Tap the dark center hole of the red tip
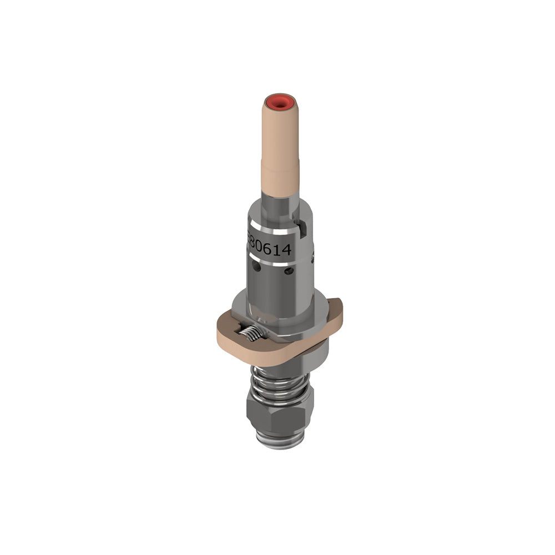point(280,102)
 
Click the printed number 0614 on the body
point(272,249)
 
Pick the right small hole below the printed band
point(289,271)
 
